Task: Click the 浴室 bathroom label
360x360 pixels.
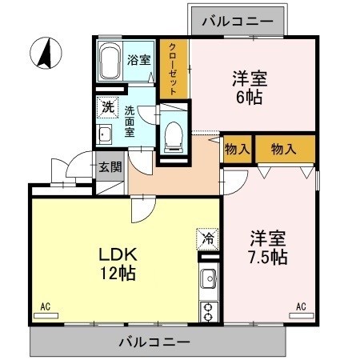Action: coord(139,59)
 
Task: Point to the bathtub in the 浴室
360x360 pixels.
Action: coord(110,61)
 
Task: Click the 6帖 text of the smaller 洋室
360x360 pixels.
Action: coord(249,98)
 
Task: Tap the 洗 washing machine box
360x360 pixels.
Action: coord(106,105)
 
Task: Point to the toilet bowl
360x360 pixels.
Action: coord(172,138)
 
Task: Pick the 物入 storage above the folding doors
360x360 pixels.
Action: coord(283,148)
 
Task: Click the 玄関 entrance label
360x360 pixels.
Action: coord(110,167)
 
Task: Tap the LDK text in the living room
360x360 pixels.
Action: coord(118,255)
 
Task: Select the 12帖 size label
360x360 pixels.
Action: coord(118,274)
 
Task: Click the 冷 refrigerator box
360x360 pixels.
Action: coord(206,238)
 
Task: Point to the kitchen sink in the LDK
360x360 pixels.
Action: coord(209,281)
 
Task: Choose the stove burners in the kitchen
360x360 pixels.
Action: coord(209,311)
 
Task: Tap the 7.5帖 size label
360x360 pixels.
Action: coord(267,258)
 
